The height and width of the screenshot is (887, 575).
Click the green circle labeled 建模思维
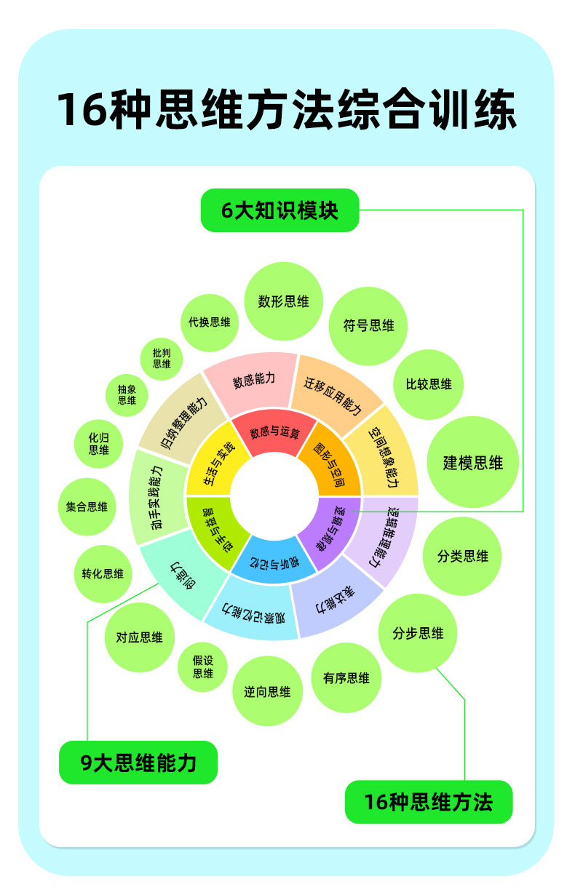473,462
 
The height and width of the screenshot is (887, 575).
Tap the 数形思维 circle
284,301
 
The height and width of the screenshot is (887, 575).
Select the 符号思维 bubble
369,325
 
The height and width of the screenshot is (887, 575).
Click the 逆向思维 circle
267,691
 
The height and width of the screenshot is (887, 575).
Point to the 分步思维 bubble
418,633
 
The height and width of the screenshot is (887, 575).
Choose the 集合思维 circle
87,506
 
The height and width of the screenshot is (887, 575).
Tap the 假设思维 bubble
203,667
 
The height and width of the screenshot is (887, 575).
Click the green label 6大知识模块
279,211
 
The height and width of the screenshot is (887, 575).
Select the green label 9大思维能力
138,763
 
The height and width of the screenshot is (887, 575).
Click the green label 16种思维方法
428,802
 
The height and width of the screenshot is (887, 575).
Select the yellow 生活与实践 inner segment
213,464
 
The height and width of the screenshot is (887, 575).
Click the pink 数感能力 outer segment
254,382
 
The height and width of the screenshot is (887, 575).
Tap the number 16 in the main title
82,111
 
